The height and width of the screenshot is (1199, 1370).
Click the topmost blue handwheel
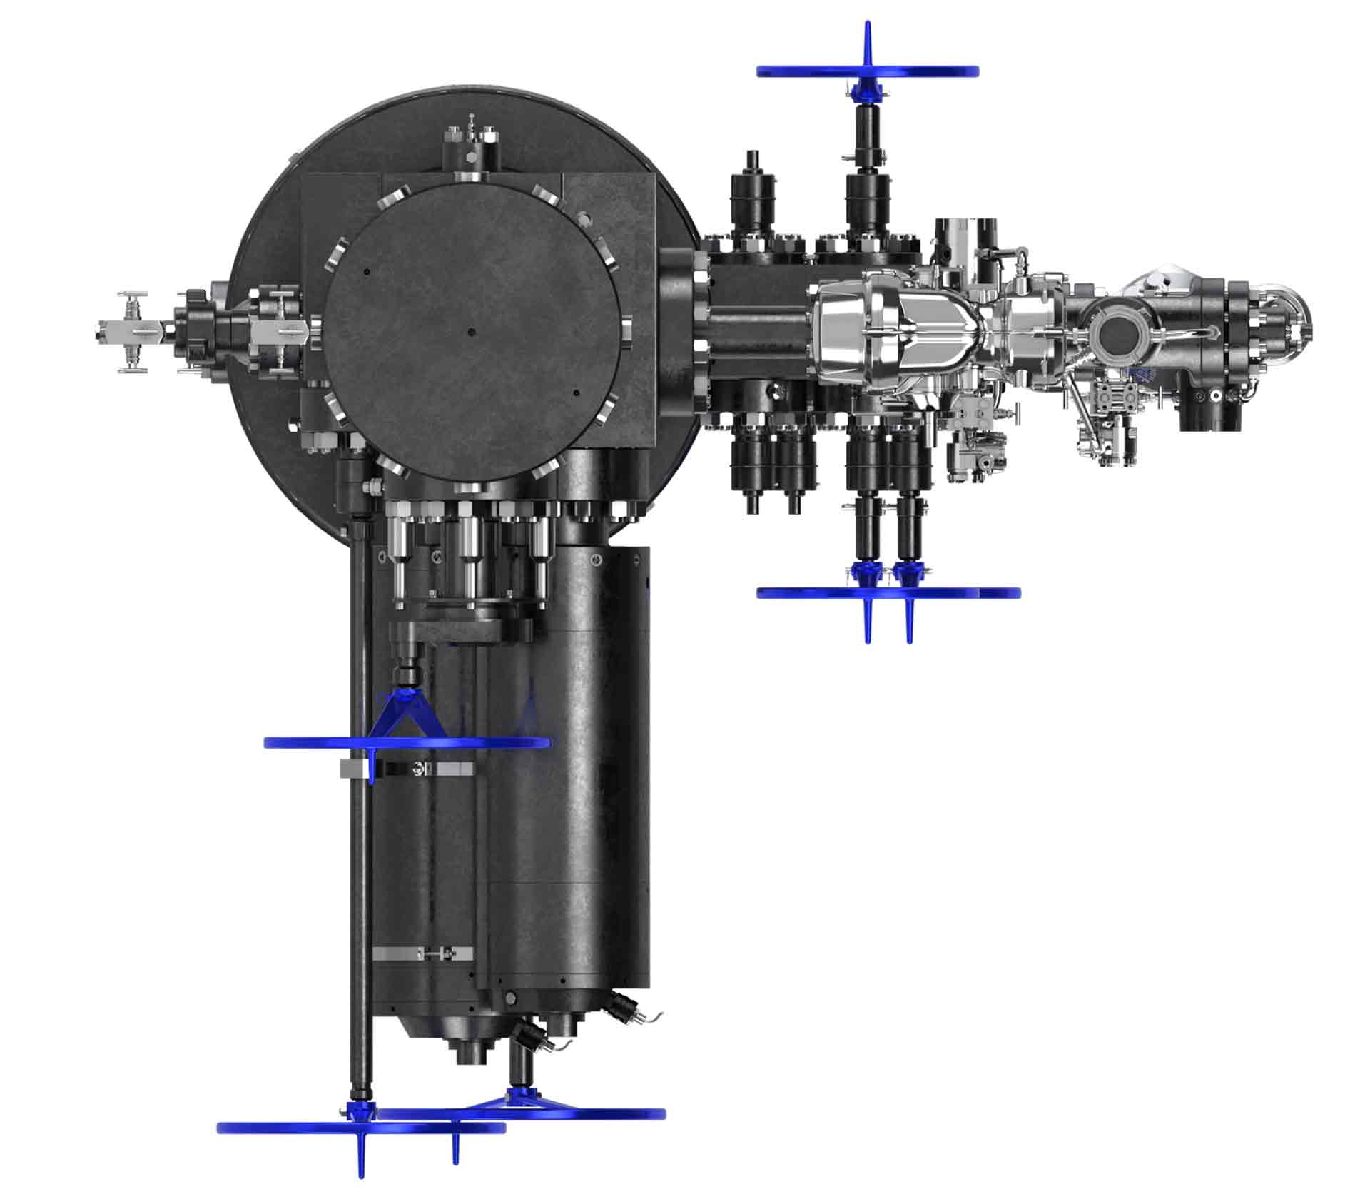867,71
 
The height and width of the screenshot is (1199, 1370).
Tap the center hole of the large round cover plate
471,331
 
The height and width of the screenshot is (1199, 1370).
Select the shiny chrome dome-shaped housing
856,325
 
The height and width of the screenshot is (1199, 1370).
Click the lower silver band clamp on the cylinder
423,953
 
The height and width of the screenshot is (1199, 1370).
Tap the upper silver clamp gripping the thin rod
407,768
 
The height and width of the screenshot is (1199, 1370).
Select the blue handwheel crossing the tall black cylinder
407,743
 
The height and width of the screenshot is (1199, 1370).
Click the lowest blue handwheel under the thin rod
360,1127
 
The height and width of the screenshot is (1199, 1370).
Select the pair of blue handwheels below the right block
888,592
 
